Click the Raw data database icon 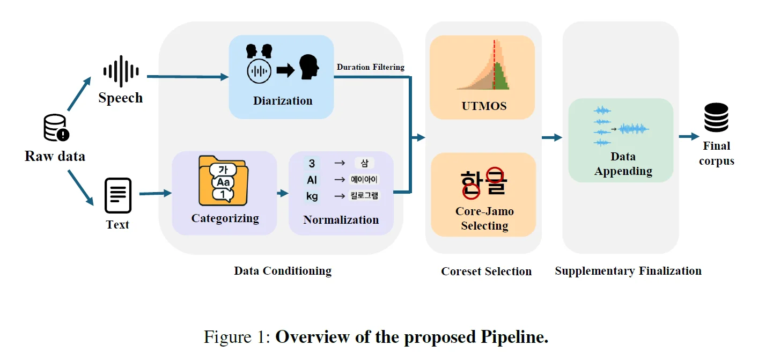56,128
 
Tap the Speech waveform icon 121,71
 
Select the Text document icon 117,195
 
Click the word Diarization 283,100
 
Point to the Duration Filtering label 370,67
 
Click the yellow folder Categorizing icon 222,181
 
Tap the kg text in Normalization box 312,196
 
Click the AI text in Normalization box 312,180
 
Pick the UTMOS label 484,106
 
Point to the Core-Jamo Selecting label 484,218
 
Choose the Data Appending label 623,164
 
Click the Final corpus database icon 716,117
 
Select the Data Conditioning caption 283,270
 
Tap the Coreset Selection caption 486,271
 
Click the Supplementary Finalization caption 628,270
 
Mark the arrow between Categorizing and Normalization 283,193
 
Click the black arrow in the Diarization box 285,70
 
